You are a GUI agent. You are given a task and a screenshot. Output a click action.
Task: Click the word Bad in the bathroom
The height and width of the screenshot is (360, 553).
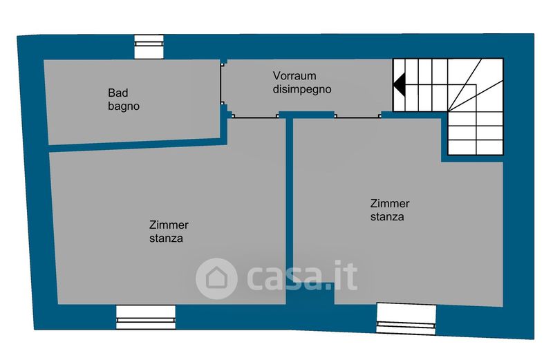118,93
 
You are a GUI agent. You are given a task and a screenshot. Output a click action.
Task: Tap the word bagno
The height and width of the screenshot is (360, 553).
124,106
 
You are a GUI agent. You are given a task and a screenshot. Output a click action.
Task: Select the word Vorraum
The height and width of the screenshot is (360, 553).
294,76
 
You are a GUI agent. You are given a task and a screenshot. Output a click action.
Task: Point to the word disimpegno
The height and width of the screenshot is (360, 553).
302,89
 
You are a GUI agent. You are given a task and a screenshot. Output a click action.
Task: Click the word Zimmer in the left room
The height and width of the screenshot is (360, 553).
169,225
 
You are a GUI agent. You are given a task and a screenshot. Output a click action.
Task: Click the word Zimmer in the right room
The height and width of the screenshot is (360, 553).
390,203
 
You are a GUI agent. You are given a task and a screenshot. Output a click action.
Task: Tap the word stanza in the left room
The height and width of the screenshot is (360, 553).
166,238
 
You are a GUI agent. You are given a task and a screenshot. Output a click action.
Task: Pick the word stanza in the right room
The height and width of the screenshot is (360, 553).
387,217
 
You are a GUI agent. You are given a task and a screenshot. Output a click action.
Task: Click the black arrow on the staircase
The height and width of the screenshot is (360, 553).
400,84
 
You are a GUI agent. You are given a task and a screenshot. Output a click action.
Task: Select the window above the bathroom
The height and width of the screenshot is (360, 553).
149,47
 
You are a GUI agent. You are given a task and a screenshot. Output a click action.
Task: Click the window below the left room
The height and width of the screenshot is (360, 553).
146,317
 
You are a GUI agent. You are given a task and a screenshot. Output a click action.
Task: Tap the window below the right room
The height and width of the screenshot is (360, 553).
406,319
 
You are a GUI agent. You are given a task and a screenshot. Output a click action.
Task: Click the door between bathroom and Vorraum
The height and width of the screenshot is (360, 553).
222,83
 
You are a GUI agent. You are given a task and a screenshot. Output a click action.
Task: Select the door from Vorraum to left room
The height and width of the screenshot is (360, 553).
254,116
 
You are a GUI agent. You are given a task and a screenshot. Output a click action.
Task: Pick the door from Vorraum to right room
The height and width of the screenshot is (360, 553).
358,116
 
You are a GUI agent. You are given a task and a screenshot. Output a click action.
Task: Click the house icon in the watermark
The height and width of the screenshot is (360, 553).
216,278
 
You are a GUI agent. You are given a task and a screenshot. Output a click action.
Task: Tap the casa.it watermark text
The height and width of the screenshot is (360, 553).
302,276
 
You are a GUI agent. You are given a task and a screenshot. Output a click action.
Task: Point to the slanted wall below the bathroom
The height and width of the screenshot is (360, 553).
138,144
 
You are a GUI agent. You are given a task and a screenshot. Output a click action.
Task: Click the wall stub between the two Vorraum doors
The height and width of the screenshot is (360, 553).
306,115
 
